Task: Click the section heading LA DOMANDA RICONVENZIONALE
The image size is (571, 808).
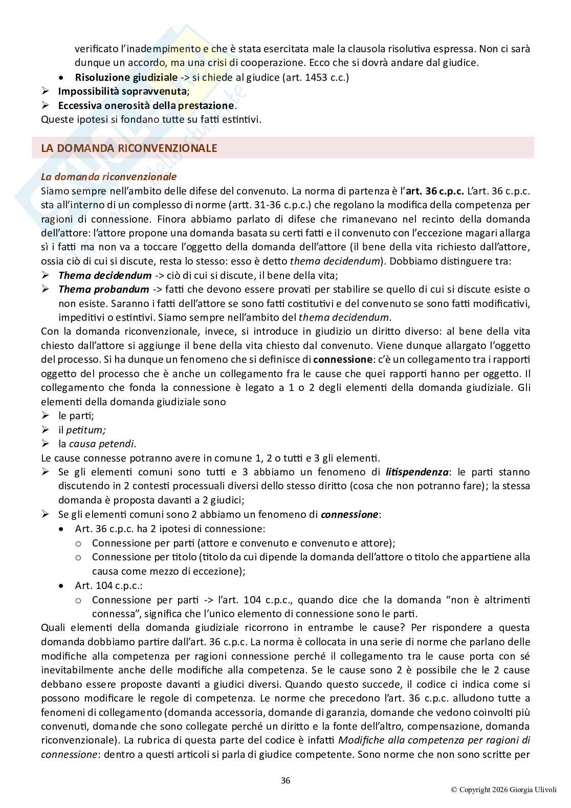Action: (x=129, y=148)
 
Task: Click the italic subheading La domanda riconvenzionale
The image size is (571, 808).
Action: (x=108, y=177)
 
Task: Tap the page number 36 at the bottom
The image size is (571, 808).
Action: (x=285, y=780)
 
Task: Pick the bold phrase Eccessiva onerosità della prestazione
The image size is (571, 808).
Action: (x=146, y=105)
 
